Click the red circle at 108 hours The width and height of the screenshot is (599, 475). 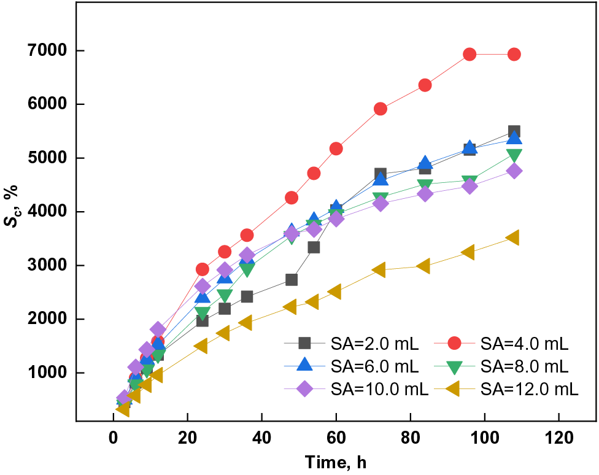coord(514,55)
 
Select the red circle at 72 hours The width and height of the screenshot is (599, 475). coord(381,109)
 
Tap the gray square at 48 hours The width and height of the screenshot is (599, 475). coord(292,280)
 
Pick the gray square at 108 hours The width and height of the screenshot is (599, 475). coord(514,131)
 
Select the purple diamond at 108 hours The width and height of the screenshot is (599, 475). coord(514,171)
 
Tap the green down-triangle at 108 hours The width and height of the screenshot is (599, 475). coord(514,155)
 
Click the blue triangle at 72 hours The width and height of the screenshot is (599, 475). coord(381,179)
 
